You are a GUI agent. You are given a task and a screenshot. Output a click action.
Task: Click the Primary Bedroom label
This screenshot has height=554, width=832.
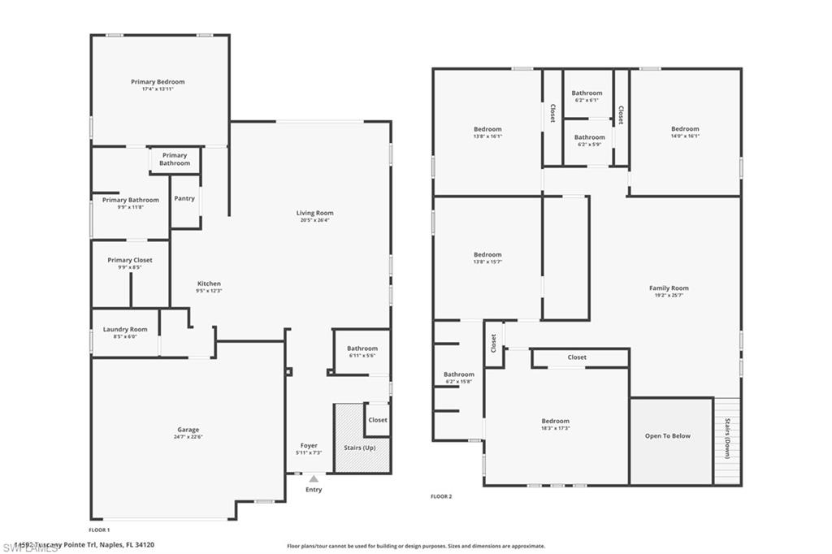pos(158,81)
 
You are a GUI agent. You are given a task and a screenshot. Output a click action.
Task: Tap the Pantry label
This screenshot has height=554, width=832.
pos(184,198)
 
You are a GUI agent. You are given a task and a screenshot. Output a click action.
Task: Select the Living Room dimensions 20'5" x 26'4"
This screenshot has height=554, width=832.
pos(314,220)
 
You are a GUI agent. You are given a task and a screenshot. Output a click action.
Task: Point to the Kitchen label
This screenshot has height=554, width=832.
pos(209,283)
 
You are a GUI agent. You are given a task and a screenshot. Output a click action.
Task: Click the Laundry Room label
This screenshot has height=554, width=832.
pos(125,329)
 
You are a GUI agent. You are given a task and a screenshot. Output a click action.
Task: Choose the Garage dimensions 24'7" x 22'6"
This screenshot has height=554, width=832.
pos(188,437)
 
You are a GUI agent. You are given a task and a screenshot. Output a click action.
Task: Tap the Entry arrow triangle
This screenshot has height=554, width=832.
pos(314,479)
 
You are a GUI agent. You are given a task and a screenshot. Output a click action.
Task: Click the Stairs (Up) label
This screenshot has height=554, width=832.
pos(358,448)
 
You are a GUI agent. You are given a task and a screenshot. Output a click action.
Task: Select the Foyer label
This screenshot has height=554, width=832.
pos(309,445)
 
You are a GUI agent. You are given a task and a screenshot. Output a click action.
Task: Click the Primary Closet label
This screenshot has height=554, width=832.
pos(130,260)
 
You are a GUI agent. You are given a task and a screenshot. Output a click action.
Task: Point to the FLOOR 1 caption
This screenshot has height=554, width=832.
pos(99,529)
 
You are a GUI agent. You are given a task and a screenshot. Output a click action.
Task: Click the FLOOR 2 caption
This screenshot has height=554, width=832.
pos(441,496)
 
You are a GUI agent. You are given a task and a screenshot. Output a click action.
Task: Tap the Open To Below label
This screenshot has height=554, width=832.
pos(668,436)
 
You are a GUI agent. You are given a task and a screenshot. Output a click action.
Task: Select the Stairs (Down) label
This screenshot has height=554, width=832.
pos(727,439)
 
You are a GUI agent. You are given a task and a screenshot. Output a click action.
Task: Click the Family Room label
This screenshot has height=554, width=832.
pos(669,288)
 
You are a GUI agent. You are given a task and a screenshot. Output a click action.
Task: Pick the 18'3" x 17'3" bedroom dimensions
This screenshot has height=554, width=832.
pos(556,428)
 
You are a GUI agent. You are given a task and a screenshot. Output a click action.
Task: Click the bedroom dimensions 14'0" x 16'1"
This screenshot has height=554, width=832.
pos(685,136)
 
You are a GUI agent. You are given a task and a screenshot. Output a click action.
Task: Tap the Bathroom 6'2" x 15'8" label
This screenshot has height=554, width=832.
pos(459,374)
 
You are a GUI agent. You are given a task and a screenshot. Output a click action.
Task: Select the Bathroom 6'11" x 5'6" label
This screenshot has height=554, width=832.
pos(362,348)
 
